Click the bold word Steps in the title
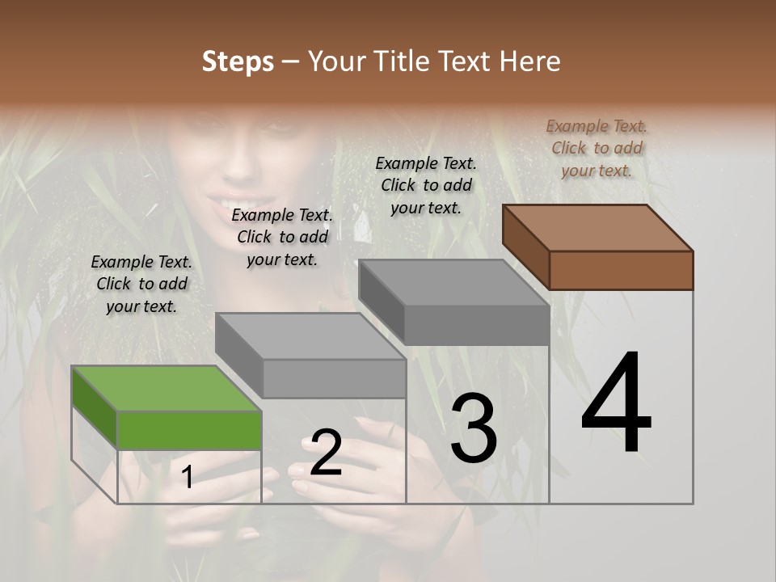238,61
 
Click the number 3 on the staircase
474,429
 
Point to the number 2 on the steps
326,453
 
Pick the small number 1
188,478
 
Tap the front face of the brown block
621,270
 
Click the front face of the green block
189,430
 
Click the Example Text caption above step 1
141,284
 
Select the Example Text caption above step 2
282,237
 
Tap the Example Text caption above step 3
426,185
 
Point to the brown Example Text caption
597,148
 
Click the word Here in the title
531,61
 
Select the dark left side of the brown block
525,246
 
